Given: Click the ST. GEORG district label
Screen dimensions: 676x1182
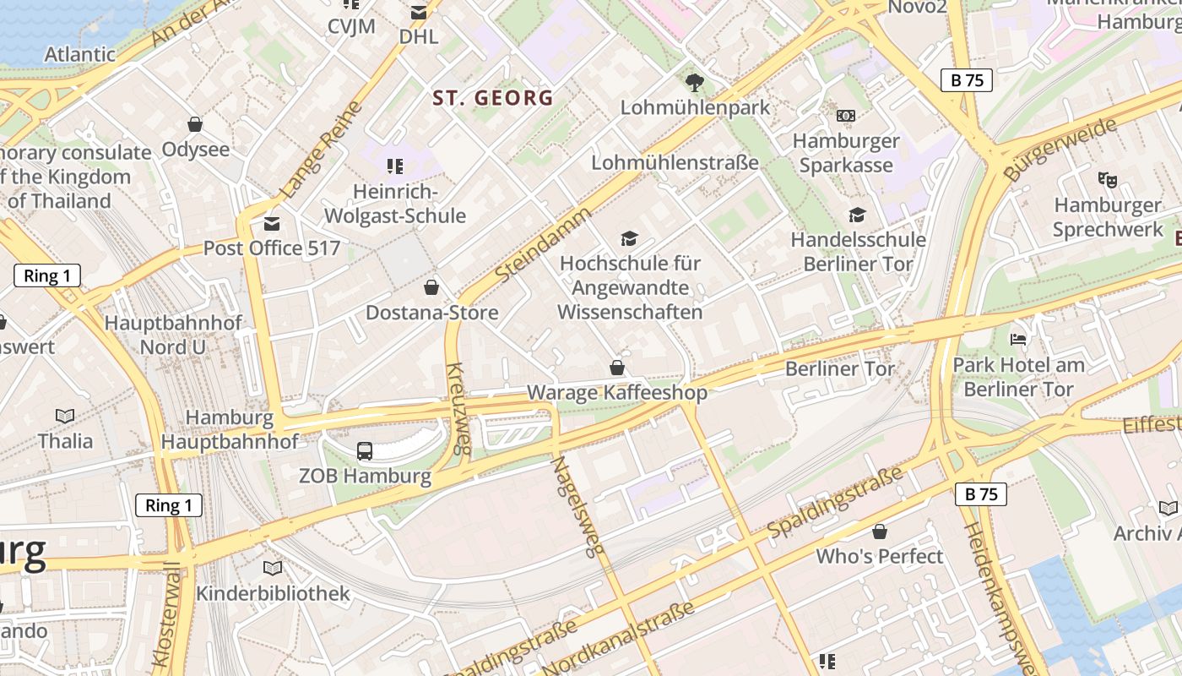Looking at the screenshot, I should (x=493, y=98).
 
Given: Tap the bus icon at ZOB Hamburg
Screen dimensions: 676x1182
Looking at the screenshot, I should (x=365, y=451).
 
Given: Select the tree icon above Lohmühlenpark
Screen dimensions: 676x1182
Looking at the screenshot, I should (x=695, y=82).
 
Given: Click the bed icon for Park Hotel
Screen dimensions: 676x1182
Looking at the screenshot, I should (x=1018, y=340).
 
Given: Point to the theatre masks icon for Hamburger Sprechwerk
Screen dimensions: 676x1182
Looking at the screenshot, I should (x=1107, y=179).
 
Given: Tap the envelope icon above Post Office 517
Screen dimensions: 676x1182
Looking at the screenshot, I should (x=272, y=224).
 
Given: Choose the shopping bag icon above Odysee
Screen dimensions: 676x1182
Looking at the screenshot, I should (x=195, y=125).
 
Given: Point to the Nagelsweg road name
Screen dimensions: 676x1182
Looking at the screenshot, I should (x=579, y=506).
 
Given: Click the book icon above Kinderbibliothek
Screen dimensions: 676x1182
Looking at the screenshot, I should (x=273, y=568).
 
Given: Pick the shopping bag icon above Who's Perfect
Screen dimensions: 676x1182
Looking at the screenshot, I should (x=880, y=532).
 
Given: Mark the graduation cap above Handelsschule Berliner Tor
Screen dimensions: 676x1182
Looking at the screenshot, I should (x=857, y=215).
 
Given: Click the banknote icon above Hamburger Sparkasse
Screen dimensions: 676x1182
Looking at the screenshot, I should (x=845, y=116).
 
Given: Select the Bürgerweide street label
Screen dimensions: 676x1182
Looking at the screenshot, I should (x=1060, y=149).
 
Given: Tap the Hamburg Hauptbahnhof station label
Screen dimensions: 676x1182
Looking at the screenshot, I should (x=230, y=429).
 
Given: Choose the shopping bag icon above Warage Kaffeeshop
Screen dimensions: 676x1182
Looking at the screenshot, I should (x=617, y=368).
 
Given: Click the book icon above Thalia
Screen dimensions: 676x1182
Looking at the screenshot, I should (x=65, y=416).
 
